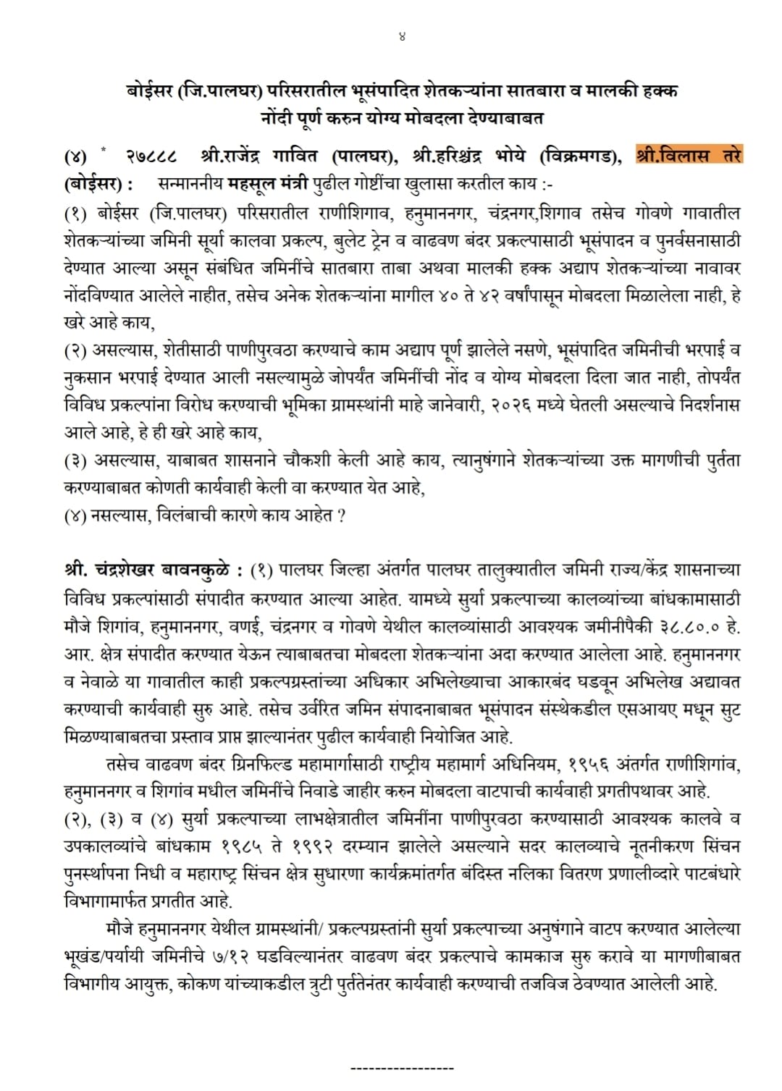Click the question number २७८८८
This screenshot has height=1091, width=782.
[x=151, y=156]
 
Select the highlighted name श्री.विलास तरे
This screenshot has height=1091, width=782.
[x=689, y=155]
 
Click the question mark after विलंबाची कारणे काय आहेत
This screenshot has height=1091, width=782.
[x=340, y=515]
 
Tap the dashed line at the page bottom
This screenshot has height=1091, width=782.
[x=402, y=1068]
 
